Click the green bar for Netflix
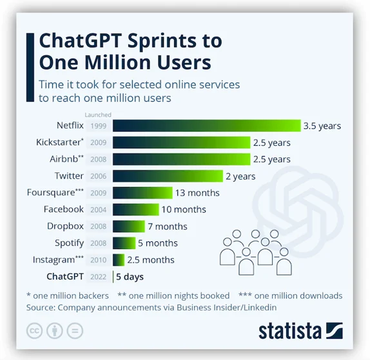tap(206, 126)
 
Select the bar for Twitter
tap(167, 175)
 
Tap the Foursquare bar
tap(142, 192)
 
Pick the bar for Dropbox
tap(129, 226)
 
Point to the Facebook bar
tap(135, 209)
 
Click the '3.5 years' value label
tap(322, 126)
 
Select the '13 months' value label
tap(198, 192)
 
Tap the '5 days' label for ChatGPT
tap(130, 276)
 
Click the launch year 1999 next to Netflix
tap(99, 126)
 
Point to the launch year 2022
tap(99, 276)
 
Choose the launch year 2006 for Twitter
tap(99, 175)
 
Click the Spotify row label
tap(69, 243)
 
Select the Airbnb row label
tap(66, 159)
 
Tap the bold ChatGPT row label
tap(65, 276)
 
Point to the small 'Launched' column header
tap(99, 115)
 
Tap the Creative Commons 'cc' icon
tap(35, 332)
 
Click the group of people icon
tap(255, 248)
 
